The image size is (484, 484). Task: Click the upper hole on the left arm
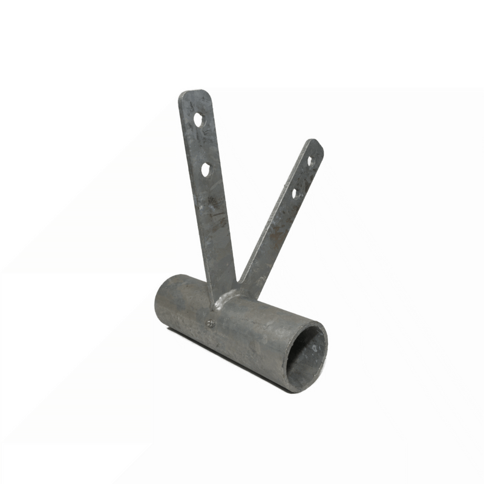point(198,119)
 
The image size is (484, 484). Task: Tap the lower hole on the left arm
point(205,169)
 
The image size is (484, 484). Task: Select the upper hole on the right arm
point(310,161)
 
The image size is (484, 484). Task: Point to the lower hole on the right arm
point(295,193)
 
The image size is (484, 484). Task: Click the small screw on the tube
point(210,324)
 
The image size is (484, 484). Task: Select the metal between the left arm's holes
point(201,144)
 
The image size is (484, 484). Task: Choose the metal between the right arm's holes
point(302,177)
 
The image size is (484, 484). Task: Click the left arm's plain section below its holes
point(215,230)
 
